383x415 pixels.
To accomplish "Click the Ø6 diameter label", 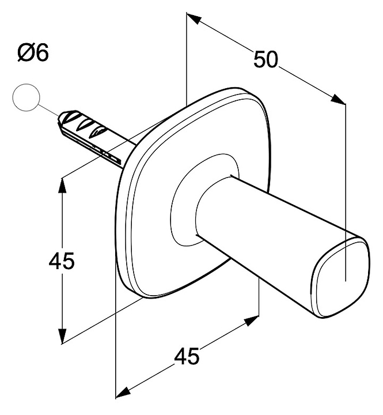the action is click(x=33, y=52).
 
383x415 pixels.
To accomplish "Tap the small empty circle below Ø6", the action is click(x=26, y=97).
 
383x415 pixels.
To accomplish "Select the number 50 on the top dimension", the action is click(x=266, y=59).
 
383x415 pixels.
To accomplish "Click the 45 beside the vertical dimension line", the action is click(x=62, y=261).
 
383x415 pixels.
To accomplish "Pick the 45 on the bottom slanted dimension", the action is click(x=187, y=356).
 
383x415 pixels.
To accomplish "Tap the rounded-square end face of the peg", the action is click(x=341, y=277).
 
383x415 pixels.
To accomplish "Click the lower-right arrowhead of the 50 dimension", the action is click(x=339, y=99).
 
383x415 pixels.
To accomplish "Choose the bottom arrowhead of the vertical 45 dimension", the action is click(x=62, y=335).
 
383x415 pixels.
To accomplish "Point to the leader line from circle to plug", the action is click(x=49, y=110).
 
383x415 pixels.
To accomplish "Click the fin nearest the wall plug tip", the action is click(x=70, y=116).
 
